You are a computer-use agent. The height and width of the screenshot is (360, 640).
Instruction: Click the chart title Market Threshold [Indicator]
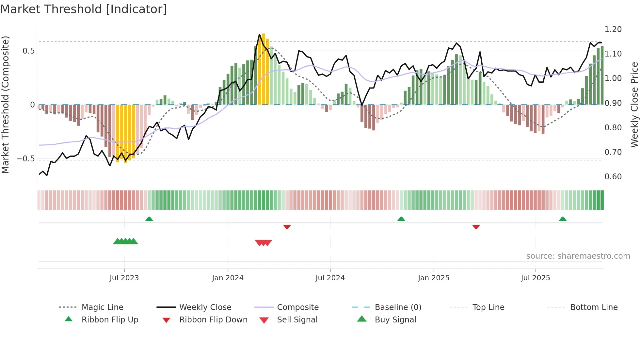pyautogui.click(x=84, y=9)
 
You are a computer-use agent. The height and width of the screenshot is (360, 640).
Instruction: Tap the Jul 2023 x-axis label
pyautogui.click(x=124, y=278)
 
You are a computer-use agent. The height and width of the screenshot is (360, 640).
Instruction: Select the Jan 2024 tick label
pyautogui.click(x=228, y=278)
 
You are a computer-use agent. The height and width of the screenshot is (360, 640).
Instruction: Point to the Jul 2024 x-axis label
pyautogui.click(x=330, y=278)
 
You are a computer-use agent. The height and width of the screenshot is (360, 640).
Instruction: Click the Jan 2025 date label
pyautogui.click(x=434, y=278)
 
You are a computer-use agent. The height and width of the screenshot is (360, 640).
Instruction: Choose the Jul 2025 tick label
pyautogui.click(x=536, y=278)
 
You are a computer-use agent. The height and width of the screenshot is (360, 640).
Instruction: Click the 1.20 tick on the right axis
pyautogui.click(x=613, y=29)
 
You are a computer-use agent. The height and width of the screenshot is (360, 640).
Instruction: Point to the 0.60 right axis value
pyautogui.click(x=613, y=177)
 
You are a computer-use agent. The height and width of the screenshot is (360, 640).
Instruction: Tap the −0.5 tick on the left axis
pyautogui.click(x=26, y=159)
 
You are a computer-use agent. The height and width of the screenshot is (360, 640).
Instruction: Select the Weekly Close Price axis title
pyautogui.click(x=634, y=105)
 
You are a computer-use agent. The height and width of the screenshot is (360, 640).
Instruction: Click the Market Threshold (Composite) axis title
pyautogui.click(x=5, y=105)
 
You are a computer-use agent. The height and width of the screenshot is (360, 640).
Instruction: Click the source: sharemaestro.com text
pyautogui.click(x=578, y=256)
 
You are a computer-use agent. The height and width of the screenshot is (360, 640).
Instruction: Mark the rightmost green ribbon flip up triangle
pyautogui.click(x=563, y=219)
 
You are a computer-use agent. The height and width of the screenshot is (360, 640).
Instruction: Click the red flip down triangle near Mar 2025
pyautogui.click(x=476, y=227)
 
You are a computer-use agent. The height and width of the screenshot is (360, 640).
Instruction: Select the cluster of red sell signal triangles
pyautogui.click(x=263, y=243)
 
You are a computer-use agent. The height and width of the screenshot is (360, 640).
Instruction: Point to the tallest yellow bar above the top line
pyautogui.click(x=264, y=69)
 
